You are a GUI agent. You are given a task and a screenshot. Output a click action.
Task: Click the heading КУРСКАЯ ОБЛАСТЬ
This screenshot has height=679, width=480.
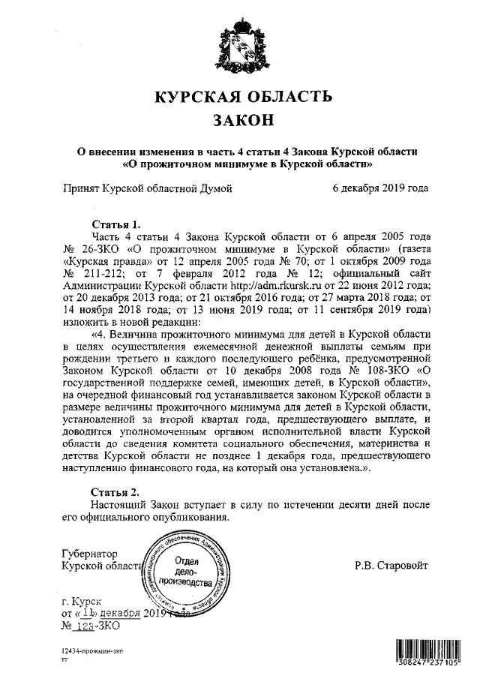[241, 96]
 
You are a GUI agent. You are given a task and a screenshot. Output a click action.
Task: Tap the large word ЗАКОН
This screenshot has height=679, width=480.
[241, 120]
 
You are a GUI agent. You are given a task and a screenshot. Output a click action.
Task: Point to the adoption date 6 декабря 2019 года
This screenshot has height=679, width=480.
[380, 188]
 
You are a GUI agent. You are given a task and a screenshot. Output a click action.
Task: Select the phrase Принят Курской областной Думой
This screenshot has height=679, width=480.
[147, 188]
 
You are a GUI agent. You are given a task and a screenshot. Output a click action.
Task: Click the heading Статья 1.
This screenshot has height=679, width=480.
[115, 224]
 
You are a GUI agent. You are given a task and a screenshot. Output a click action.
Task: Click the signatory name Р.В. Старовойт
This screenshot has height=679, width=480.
[394, 564]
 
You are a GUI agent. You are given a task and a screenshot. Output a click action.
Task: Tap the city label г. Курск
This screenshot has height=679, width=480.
[82, 600]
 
